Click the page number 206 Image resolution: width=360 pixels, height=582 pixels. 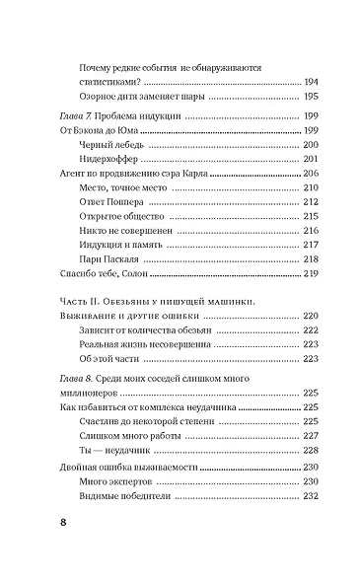pyautogui.click(x=284, y=172)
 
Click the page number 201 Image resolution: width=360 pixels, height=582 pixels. pyautogui.click(x=284, y=158)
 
